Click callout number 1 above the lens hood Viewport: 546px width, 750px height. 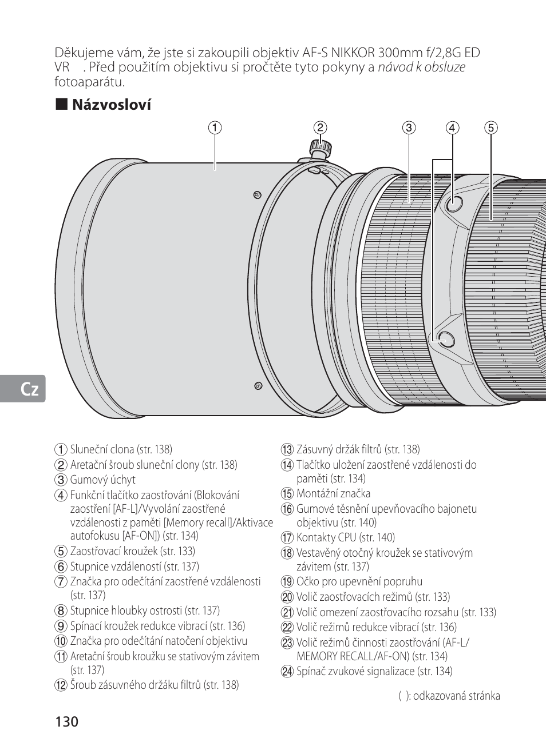215,127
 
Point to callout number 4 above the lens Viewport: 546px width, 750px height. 453,127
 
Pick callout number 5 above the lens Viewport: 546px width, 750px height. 490,127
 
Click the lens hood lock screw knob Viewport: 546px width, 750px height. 319,146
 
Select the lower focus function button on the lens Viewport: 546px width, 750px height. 445,338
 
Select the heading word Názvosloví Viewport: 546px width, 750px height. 111,105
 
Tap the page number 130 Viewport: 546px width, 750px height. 66,721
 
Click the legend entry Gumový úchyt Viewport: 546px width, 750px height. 103,480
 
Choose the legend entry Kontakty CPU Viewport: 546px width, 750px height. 345,537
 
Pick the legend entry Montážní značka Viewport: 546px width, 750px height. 333,493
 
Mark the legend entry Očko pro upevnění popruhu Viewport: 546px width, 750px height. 359,582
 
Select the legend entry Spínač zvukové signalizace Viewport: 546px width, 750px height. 374,671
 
